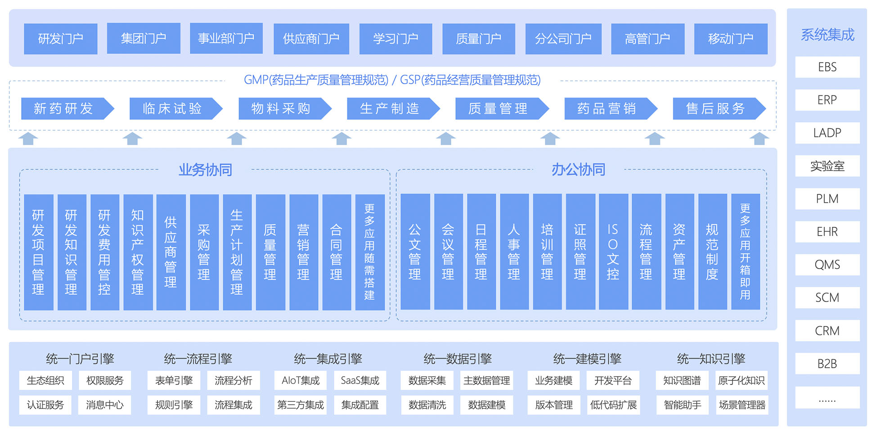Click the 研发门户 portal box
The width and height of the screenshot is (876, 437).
[60, 39]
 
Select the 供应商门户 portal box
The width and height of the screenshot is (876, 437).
[311, 39]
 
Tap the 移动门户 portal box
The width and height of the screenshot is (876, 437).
[730, 39]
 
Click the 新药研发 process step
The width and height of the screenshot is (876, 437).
[63, 108]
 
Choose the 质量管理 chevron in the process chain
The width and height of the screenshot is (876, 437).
[498, 108]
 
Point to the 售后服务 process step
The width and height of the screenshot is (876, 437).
[715, 108]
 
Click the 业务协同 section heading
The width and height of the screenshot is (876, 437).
[205, 170]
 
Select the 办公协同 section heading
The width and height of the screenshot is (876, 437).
[578, 170]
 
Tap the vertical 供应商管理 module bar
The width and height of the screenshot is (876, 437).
[171, 252]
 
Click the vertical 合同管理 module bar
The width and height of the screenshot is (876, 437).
[336, 252]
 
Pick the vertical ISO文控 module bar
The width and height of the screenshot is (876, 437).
[613, 252]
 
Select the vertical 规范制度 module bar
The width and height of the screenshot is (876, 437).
[712, 252]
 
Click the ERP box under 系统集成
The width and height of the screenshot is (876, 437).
[827, 100]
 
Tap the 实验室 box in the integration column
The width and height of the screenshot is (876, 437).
[827, 166]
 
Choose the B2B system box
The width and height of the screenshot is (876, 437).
[827, 364]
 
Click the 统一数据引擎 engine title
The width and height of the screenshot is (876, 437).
[457, 359]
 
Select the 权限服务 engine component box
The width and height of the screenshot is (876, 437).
[105, 381]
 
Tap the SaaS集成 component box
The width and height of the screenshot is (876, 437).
[360, 381]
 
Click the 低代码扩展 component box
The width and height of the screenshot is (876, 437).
[613, 405]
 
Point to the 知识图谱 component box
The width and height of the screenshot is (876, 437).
[682, 381]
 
